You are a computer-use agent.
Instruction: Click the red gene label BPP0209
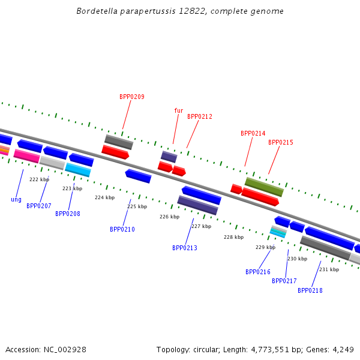point(132,97)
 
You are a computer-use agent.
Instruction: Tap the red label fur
point(179,110)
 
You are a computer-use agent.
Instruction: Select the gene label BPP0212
point(200,116)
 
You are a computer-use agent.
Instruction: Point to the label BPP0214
point(253,133)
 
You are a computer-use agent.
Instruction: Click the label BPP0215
point(281,142)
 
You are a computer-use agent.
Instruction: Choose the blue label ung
point(16,200)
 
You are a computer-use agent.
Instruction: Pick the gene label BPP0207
point(39,206)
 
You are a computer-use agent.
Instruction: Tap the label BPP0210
point(122,229)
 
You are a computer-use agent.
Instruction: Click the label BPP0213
point(185,248)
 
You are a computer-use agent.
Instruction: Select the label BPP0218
point(310,290)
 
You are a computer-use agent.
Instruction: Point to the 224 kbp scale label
point(104,197)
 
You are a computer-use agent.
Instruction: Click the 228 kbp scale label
point(234,237)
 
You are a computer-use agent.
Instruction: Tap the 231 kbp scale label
point(329,269)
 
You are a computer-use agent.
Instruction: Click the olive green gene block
point(264,187)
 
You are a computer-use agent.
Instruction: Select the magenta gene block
point(26,156)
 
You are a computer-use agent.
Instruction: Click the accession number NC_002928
point(65,350)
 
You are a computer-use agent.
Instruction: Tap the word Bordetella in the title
point(97,11)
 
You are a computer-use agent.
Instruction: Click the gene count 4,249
point(343,350)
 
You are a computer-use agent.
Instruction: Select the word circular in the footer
point(205,350)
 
